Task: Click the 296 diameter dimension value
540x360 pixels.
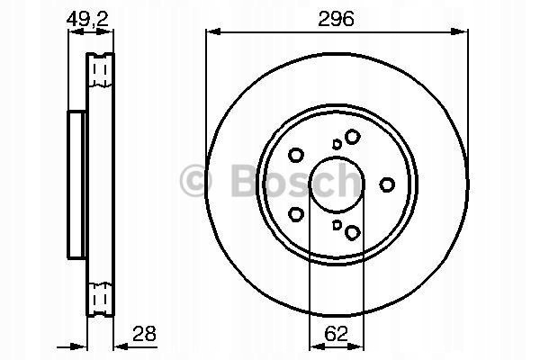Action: pos(336,19)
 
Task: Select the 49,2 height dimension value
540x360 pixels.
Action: pos(87,19)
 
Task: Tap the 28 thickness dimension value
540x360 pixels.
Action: pos(144,334)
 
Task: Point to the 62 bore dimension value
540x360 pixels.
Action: pos(336,334)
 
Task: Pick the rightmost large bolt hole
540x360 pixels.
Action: pos(387,184)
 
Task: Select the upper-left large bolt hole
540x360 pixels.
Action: pos(295,155)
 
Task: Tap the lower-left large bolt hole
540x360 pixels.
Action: pos(295,214)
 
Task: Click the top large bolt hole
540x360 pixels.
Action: pos(352,137)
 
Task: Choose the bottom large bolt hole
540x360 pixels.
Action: pos(352,232)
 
